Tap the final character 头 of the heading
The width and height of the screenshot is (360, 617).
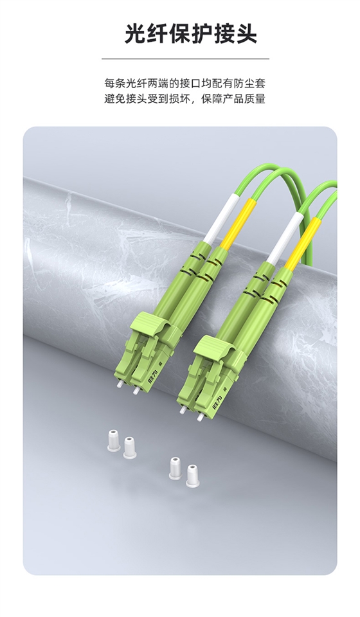246,33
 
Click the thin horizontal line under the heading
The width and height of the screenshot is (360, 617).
186,58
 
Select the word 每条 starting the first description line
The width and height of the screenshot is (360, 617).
114,83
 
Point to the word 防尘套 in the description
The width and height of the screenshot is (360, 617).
250,83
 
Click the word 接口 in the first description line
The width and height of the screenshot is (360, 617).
190,83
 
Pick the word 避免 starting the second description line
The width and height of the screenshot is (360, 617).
114,98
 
